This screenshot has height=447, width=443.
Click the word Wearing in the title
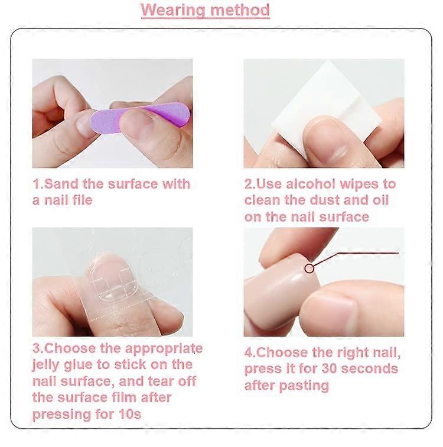click(x=173, y=10)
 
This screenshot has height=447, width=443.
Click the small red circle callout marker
click(x=310, y=268)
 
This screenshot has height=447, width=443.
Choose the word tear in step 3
click(x=160, y=381)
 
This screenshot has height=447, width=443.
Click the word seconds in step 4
click(x=369, y=369)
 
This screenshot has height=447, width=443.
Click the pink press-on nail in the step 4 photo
click(x=282, y=291)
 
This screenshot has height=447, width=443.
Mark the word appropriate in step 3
click(x=164, y=349)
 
